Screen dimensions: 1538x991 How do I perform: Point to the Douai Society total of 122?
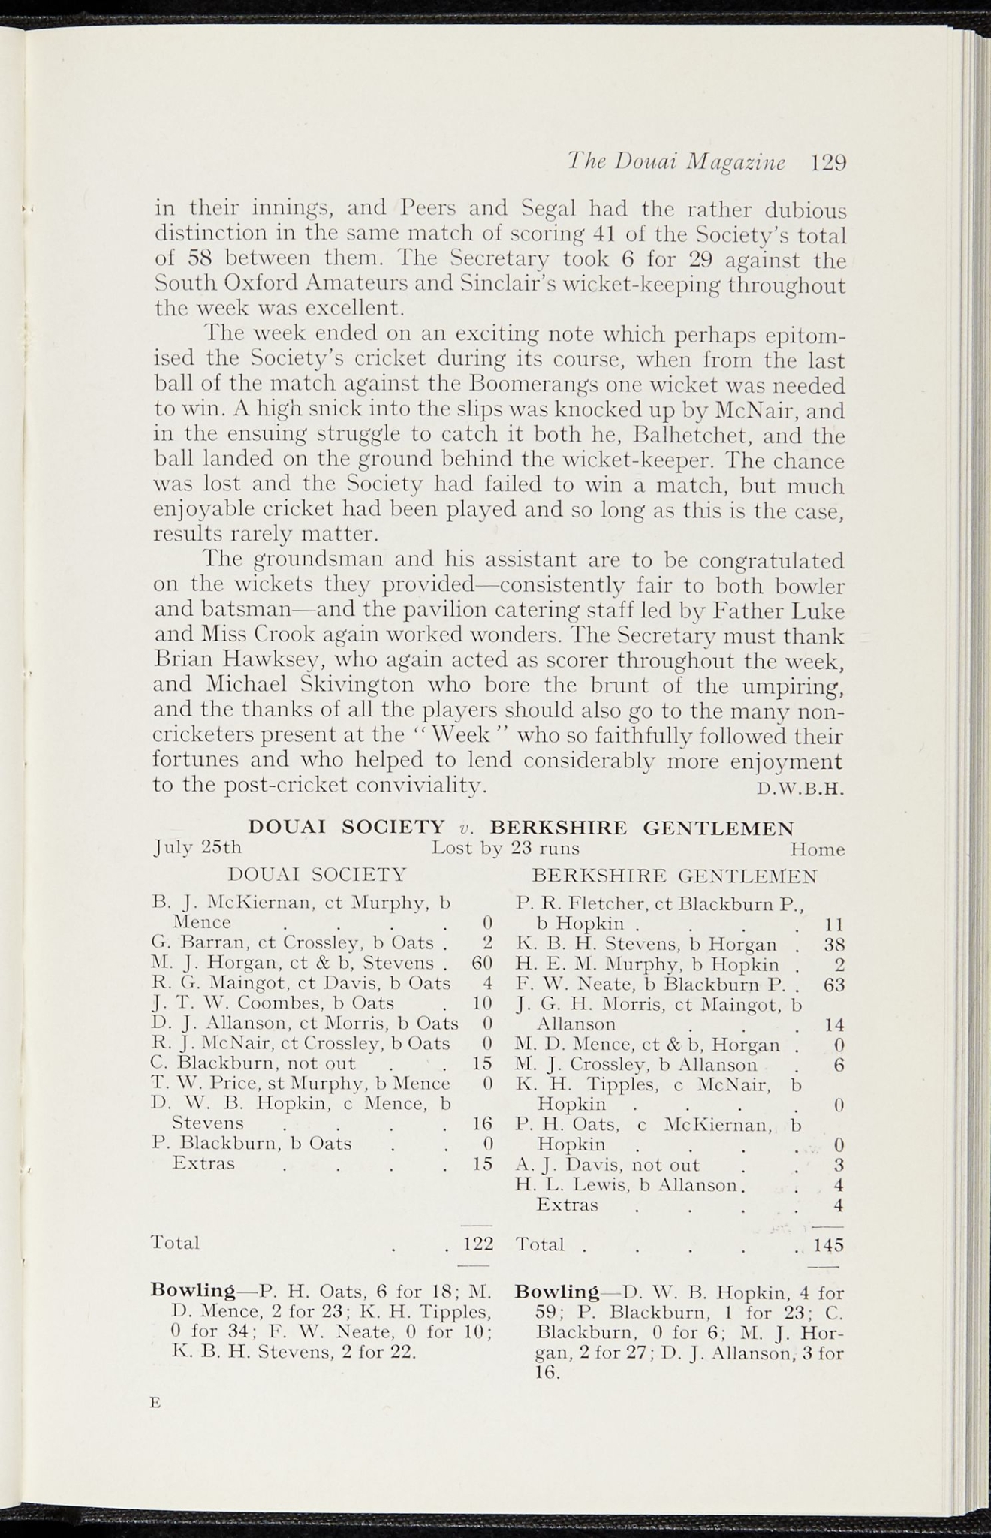coord(477,1243)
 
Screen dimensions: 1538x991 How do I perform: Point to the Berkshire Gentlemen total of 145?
coord(829,1245)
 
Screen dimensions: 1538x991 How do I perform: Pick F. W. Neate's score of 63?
coord(834,984)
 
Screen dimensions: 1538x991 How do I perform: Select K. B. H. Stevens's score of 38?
coord(834,943)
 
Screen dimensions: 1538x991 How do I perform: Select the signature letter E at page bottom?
coord(156,1401)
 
